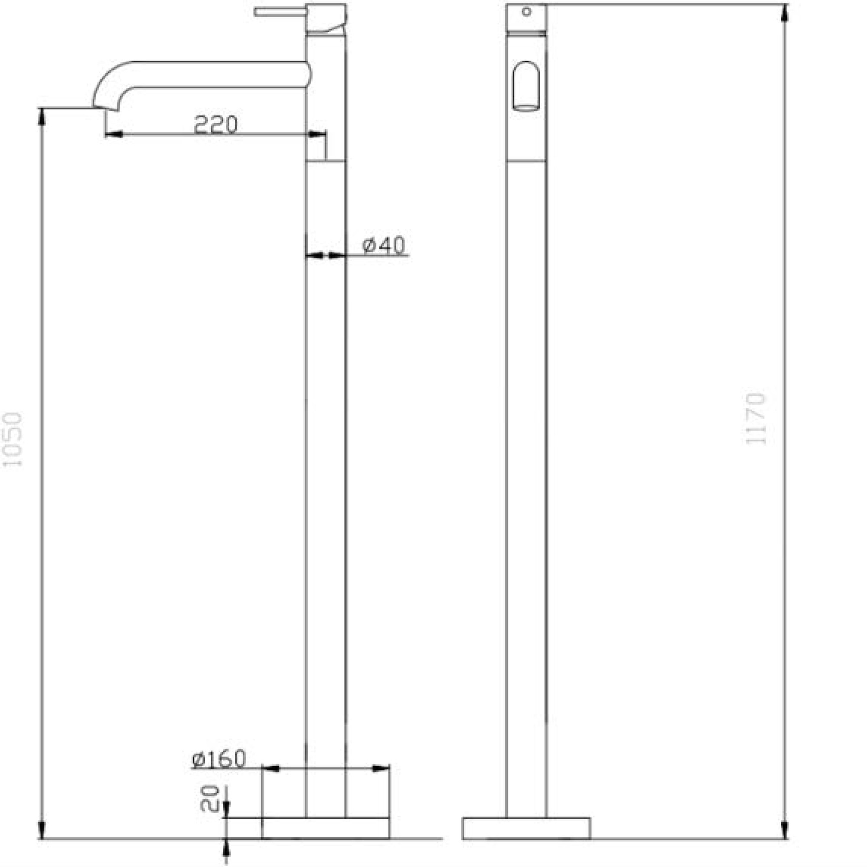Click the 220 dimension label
216,125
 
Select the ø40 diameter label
383,245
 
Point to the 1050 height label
12,440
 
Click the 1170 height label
755,419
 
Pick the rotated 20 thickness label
209,799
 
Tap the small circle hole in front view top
527,12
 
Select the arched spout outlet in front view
526,86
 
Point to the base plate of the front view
526,828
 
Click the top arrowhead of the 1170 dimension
785,13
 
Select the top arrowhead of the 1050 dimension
42,117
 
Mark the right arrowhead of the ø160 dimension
381,769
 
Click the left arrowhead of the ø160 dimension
271,769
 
